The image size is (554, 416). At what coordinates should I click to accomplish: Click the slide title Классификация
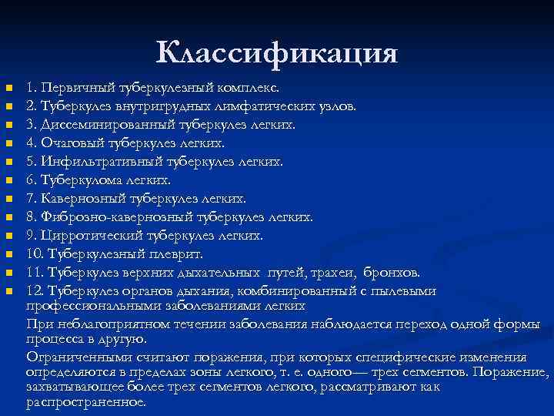click(276, 53)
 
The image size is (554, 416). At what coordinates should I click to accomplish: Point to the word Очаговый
click(77, 143)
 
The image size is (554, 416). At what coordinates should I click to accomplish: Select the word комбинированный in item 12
click(309, 291)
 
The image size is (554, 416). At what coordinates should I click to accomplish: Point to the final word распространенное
click(86, 401)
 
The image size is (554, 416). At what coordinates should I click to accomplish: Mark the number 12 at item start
click(35, 291)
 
